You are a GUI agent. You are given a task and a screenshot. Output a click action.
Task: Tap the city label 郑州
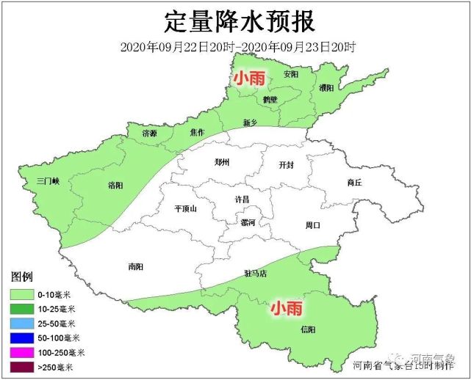tap(222, 162)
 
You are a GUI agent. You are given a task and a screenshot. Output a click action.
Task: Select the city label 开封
tap(286, 165)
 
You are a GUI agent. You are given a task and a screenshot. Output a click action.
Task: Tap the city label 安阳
tap(291, 74)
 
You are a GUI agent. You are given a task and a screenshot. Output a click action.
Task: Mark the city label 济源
tap(149, 134)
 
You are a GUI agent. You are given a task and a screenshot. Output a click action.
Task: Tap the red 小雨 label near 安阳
tap(249, 78)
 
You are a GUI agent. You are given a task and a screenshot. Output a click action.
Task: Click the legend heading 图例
tap(21, 278)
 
